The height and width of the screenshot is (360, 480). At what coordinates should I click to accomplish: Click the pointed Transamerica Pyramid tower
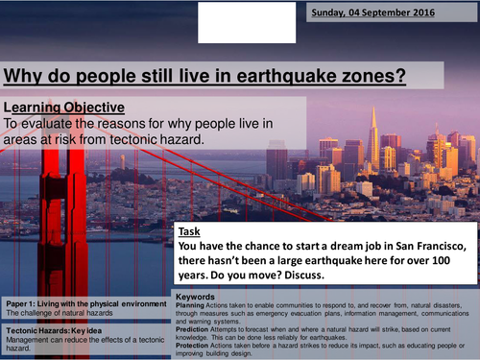[372, 134]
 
